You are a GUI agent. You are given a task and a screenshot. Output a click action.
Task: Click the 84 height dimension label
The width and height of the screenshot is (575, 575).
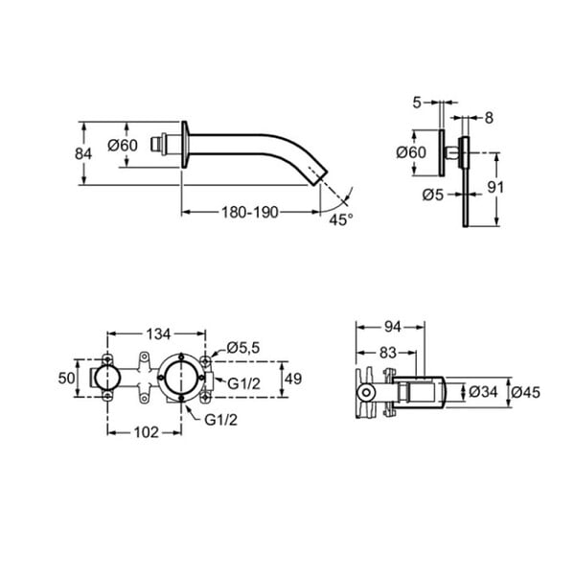(x=83, y=153)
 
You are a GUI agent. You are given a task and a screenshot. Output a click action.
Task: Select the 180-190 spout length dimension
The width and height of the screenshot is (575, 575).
(x=250, y=213)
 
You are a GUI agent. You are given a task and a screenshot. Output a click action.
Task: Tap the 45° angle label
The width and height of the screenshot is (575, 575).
(x=340, y=219)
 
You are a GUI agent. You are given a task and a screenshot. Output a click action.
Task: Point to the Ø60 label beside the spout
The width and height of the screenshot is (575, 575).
(x=123, y=146)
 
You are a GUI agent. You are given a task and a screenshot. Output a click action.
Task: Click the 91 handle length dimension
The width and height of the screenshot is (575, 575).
(x=495, y=188)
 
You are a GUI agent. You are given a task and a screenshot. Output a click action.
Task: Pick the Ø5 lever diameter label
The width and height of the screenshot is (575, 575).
(x=433, y=195)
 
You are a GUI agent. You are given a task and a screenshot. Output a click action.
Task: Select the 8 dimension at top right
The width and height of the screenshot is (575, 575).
(x=489, y=118)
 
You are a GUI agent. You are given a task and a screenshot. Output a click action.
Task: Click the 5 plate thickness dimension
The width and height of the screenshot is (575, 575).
(x=417, y=103)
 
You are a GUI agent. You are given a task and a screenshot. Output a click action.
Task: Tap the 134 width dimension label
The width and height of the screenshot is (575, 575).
(x=158, y=334)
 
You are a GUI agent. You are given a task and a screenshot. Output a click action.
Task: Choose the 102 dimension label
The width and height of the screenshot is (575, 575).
(x=146, y=432)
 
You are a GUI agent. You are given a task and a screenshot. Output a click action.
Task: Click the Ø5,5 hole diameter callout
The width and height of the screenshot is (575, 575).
(x=242, y=347)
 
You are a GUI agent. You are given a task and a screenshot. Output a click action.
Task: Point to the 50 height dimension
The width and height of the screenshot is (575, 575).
(x=66, y=379)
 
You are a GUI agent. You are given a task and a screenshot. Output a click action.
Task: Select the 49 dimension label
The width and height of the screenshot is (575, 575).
(x=293, y=379)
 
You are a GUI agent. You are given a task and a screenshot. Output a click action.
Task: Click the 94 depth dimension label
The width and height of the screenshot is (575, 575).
(x=392, y=327)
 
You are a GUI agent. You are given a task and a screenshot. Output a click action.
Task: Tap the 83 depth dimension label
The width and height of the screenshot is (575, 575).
(x=388, y=353)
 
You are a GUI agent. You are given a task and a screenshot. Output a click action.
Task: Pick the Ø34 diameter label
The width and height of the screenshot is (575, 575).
(x=483, y=392)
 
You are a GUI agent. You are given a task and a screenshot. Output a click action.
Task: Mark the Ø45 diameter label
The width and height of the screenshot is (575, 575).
(x=525, y=392)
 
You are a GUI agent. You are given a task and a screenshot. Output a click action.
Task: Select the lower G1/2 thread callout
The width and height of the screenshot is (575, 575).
(x=220, y=420)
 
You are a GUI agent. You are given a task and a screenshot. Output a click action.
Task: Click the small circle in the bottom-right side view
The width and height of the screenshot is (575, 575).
(x=366, y=393)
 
